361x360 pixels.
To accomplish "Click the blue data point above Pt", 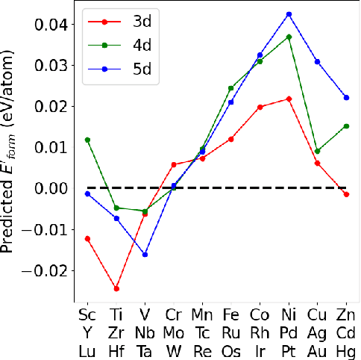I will pos(289,14).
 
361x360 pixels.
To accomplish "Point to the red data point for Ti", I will pos(116,288).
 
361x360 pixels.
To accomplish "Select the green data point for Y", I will pos(87,140).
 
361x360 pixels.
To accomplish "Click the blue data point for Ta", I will pos(145,255).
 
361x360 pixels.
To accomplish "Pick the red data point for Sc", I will pos(87,238).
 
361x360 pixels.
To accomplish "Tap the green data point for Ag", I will pos(317,151).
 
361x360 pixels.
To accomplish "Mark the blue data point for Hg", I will pos(346,97).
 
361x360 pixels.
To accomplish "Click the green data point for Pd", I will pos(289,37).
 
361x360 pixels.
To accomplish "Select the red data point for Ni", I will pos(289,99).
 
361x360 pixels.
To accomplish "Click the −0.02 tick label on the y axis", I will pos(44,270).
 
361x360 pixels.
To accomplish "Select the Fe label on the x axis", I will pos(231,314).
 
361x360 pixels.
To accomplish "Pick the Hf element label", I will pos(116,349).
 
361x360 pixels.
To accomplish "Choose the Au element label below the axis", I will pos(318,349).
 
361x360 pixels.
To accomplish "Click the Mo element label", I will pos(174,332).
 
